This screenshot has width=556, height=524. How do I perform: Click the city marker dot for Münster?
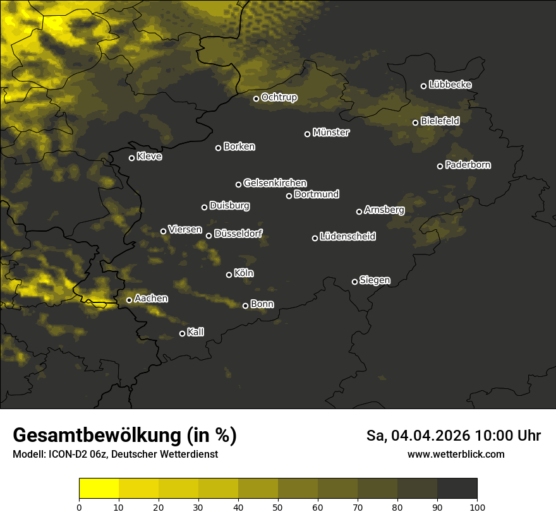[x=308, y=134]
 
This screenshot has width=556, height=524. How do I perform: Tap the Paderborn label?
[x=468, y=165]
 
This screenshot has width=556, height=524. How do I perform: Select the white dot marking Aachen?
[x=130, y=300]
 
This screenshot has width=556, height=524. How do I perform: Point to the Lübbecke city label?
[x=450, y=85]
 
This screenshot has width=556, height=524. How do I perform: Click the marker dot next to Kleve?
[x=132, y=158]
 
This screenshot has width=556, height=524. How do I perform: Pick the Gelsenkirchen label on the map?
[x=275, y=183]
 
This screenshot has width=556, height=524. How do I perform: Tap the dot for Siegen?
[x=354, y=282]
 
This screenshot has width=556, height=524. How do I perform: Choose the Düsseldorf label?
[x=238, y=234]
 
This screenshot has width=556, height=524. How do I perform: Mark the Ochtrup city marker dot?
[x=257, y=98]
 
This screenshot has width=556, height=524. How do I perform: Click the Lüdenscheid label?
[x=347, y=237]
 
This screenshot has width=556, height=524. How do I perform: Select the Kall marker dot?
[x=183, y=333]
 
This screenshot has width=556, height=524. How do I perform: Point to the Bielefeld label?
[x=440, y=121]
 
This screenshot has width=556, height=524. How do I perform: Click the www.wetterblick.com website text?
[x=456, y=454]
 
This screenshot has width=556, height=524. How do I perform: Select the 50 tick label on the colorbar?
[x=278, y=506]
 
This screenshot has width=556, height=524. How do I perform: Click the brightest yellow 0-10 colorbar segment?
[x=99, y=488]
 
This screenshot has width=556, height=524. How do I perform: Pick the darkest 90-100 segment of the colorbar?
[x=457, y=488]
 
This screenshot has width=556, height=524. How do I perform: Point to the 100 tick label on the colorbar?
[x=477, y=506]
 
